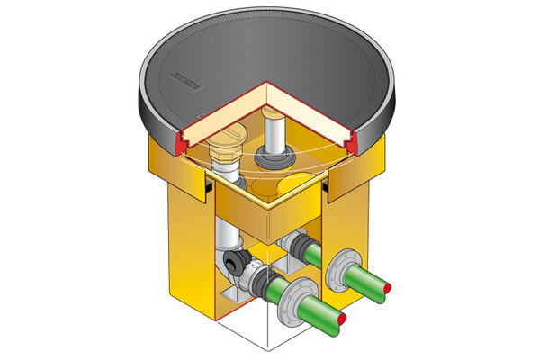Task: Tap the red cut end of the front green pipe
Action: click(x=341, y=319)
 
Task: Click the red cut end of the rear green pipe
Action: click(x=388, y=286)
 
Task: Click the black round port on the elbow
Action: click(x=237, y=262)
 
